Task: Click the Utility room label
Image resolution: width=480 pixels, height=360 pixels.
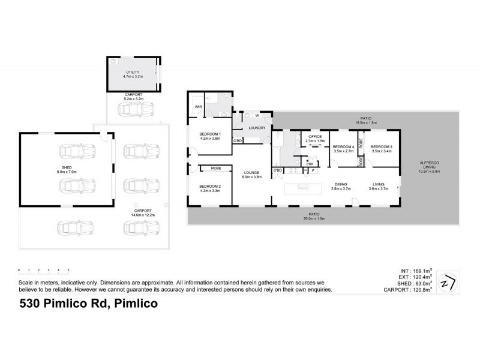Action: pyautogui.click(x=133, y=72)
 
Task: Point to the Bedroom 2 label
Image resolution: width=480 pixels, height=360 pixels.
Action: pyautogui.click(x=211, y=187)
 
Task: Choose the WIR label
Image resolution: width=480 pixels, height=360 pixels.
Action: pyautogui.click(x=197, y=107)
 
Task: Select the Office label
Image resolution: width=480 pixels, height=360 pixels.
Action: pyautogui.click(x=315, y=137)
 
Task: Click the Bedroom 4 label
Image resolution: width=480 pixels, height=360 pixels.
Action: pyautogui.click(x=344, y=147)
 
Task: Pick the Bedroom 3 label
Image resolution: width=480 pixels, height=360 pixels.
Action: pyautogui.click(x=382, y=147)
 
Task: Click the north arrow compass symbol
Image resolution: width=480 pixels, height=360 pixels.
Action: pyautogui.click(x=448, y=281)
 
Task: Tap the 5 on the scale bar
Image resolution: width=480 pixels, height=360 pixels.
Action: pyautogui.click(x=68, y=269)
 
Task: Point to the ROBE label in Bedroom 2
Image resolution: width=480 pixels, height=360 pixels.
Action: pyautogui.click(x=211, y=169)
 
